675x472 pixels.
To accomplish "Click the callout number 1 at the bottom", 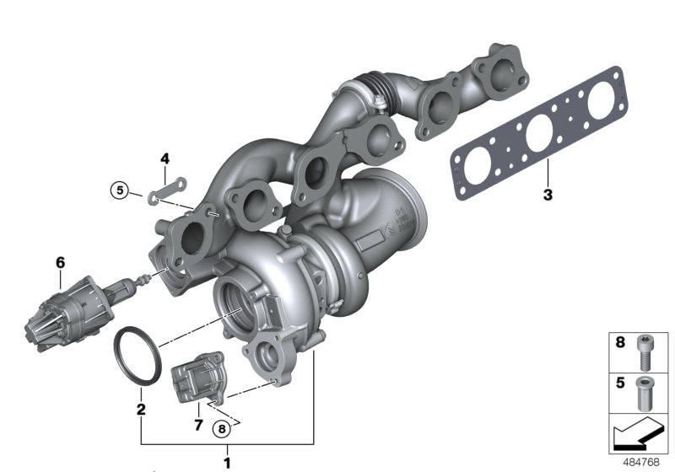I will pyautogui.click(x=226, y=461).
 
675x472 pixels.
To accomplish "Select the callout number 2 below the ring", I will pyautogui.click(x=141, y=410).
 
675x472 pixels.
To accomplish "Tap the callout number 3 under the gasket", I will pyautogui.click(x=547, y=196).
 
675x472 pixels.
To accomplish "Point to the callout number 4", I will pyautogui.click(x=165, y=158).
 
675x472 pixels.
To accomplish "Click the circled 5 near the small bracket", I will pyautogui.click(x=121, y=191).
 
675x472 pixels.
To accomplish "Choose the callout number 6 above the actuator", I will pyautogui.click(x=60, y=262).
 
